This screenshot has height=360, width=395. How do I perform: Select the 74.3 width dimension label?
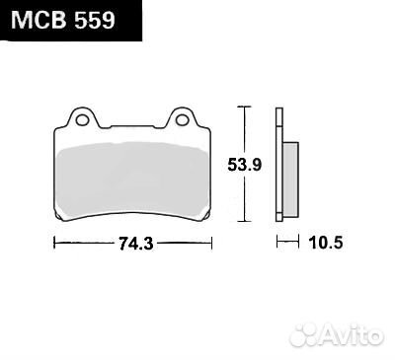coord(131,241)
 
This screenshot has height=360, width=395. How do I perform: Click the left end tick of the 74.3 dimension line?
coord(52,241)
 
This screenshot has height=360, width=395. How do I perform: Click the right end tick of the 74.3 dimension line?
coord(210,241)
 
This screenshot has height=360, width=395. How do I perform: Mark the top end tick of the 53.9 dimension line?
coord(244,106)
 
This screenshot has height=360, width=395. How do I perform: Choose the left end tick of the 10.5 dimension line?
coord(276,241)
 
